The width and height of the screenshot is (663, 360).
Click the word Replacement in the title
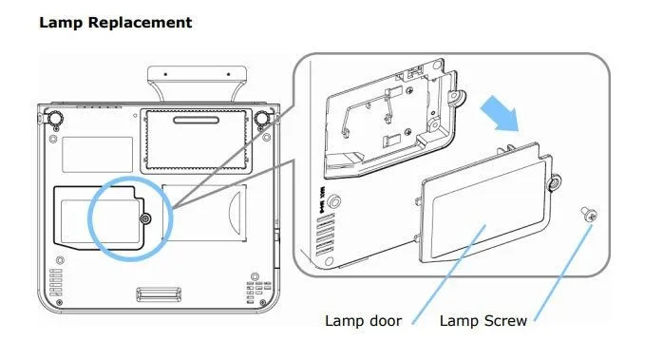pyautogui.click(x=140, y=23)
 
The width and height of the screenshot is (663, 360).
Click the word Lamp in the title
pyautogui.click(x=62, y=22)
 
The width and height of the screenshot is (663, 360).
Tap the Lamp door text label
pyautogui.click(x=363, y=321)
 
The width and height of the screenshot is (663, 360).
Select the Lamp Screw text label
pyautogui.click(x=483, y=321)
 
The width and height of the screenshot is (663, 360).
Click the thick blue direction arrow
pyautogui.click(x=501, y=113)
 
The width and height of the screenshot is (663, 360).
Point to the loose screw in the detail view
pyautogui.click(x=589, y=214)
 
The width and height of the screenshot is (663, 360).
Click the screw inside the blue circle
pyautogui.click(x=146, y=218)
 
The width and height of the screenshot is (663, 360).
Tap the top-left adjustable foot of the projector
pyautogui.click(x=54, y=118)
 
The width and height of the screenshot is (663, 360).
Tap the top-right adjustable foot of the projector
pyautogui.click(x=262, y=118)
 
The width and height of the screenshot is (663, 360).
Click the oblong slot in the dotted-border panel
pyautogui.click(x=197, y=121)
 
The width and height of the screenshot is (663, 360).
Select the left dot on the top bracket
pyautogui.click(x=165, y=74)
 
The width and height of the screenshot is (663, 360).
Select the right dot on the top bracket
pyautogui.click(x=228, y=74)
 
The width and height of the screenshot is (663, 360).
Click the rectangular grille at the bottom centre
pyautogui.click(x=159, y=294)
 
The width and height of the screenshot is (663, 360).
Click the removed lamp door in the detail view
pyautogui.click(x=485, y=203)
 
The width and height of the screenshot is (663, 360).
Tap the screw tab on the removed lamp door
pyautogui.click(x=555, y=182)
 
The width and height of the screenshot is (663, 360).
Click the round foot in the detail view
pyautogui.click(x=334, y=201)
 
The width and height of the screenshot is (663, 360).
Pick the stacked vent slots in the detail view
pyautogui.click(x=325, y=235)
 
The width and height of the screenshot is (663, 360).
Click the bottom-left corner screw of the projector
pyautogui.click(x=59, y=302)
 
